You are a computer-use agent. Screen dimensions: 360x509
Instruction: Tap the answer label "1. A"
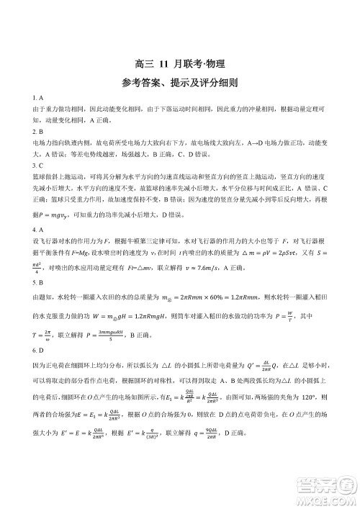click(x=40, y=96)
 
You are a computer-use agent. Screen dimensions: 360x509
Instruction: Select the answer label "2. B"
click(x=40, y=133)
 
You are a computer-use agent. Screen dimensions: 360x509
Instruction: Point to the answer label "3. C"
click(x=40, y=165)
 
